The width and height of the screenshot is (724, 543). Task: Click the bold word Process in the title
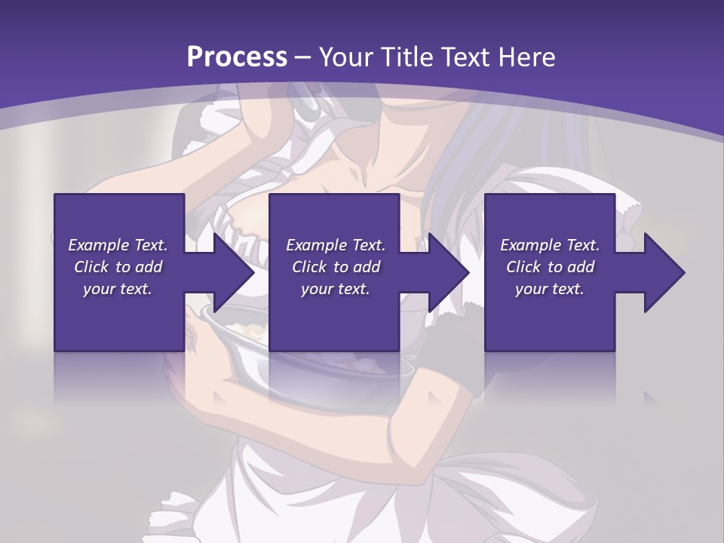tap(237, 57)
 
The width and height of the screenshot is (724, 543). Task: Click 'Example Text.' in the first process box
tap(118, 245)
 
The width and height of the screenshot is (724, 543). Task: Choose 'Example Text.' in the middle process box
tap(336, 245)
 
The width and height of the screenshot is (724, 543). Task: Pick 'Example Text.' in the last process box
tap(550, 245)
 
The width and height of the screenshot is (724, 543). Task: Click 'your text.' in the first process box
tap(118, 289)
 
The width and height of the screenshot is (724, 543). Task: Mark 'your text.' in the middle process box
tap(336, 289)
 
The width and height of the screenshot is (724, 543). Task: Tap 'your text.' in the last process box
tap(550, 289)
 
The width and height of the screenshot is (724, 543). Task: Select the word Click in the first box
tap(92, 267)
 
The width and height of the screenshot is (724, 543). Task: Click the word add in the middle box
tap(366, 267)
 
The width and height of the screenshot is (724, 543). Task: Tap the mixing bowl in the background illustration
tap(302, 354)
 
